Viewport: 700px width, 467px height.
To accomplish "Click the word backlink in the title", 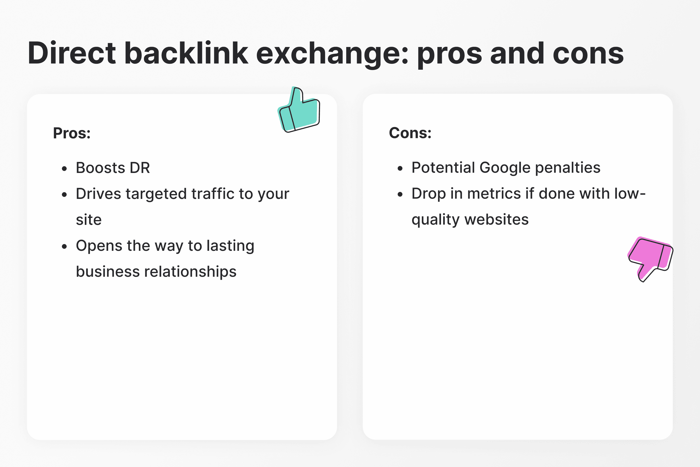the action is coord(186,53).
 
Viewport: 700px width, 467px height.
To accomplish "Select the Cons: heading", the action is coord(410,133).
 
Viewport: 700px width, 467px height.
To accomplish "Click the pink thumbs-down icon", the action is coord(650,259).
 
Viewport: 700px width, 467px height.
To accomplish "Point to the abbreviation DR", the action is coord(140,168).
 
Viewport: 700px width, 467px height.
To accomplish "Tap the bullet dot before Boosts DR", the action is coord(64,169).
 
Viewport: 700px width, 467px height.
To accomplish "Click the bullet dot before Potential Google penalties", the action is coord(400,169).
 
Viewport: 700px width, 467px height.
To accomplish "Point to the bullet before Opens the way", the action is coord(64,246).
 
